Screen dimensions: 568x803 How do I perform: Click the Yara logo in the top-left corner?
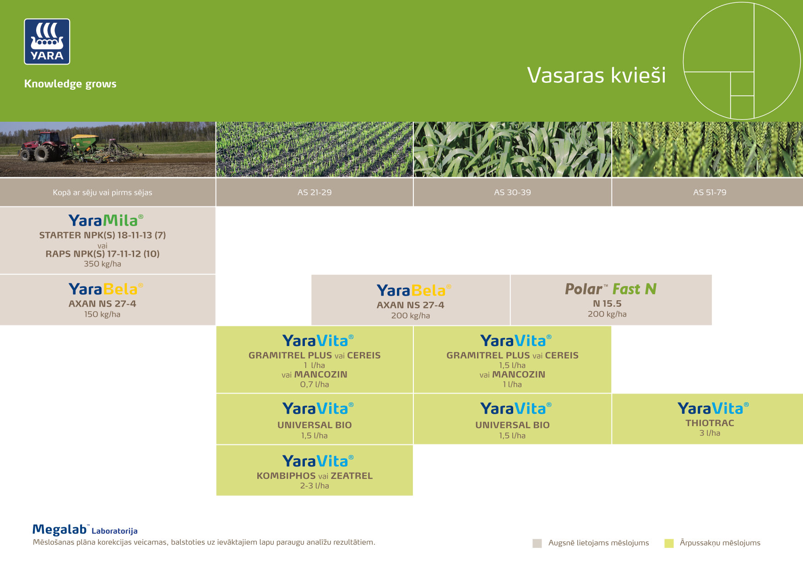[x=47, y=42]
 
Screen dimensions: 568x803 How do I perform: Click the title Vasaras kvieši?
[x=596, y=76]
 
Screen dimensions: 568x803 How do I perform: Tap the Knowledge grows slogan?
[x=70, y=84]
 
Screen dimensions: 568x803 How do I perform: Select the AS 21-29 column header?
[x=315, y=192]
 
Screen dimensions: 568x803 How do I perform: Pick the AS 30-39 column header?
[x=512, y=192]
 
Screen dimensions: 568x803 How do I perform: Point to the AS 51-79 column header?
[x=709, y=192]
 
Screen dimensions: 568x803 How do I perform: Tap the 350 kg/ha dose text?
[x=102, y=264]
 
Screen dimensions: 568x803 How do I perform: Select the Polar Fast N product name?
[x=610, y=289]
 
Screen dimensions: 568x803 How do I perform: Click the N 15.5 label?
[x=607, y=303]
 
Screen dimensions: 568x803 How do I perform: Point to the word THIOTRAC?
[x=709, y=423]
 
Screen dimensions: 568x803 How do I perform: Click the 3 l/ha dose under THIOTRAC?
[x=709, y=433]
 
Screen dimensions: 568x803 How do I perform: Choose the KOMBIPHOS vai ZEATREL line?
[x=315, y=476]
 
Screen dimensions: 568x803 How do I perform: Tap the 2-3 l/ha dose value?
[x=315, y=486]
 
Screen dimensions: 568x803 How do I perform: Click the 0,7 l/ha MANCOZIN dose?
[x=315, y=384]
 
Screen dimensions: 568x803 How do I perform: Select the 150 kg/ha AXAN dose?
[x=102, y=314]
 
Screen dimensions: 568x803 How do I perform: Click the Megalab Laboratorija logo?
[x=85, y=530]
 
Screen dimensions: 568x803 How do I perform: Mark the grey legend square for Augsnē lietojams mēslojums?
[x=537, y=543]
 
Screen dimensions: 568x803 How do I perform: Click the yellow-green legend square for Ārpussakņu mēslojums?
[x=669, y=543]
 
